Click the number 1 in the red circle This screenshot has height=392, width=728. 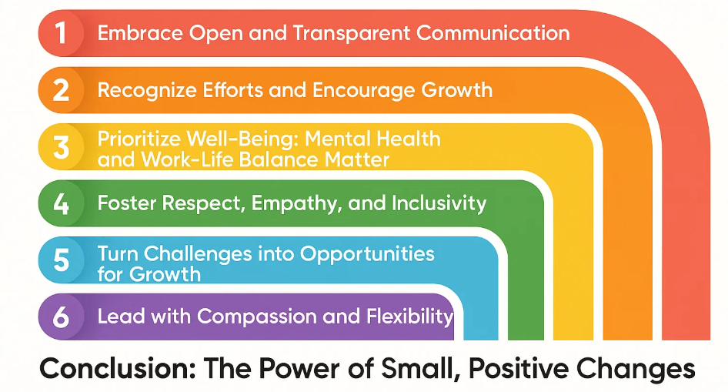[60, 33]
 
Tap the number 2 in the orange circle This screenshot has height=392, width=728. [61, 90]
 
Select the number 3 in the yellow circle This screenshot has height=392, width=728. [61, 147]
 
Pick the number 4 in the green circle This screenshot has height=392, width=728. [61, 203]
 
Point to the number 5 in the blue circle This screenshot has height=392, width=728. [62, 260]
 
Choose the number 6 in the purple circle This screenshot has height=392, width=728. [61, 317]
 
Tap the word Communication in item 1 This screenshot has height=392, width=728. [493, 33]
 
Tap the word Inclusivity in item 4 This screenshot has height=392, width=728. [439, 203]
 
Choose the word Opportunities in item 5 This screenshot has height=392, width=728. [367, 254]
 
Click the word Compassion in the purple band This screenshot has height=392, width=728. [256, 317]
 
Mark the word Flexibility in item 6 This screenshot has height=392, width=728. [410, 317]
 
